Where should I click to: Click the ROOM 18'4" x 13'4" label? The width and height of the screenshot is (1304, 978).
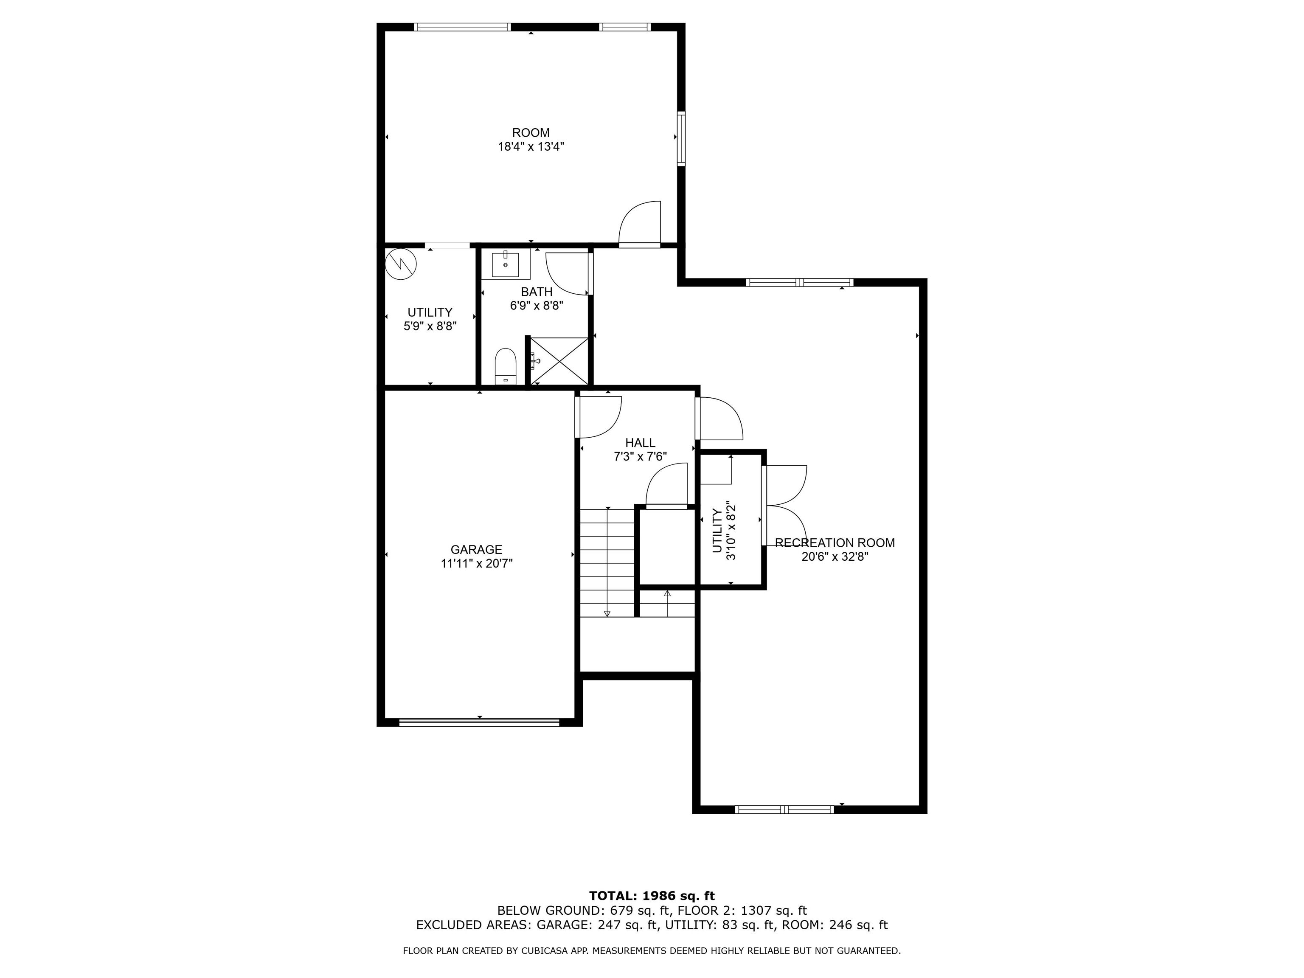[x=531, y=140]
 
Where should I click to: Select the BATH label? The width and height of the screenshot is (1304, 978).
[x=537, y=292]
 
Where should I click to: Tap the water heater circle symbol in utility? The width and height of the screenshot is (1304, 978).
[x=400, y=264]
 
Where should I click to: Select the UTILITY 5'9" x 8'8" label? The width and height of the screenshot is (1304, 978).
[x=430, y=319]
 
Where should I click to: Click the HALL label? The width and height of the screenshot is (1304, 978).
[x=640, y=443]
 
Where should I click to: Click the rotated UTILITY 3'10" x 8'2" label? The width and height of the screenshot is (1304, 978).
[x=723, y=531]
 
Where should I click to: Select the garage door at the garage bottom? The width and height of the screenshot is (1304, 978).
[x=479, y=722]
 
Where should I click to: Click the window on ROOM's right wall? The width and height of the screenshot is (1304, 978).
[x=681, y=138]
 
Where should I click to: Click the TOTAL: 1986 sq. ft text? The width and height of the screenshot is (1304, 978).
[x=652, y=896]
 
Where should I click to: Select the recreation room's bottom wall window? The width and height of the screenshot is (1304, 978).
[x=784, y=809]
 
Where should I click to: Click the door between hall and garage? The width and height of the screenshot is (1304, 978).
[x=596, y=417]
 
